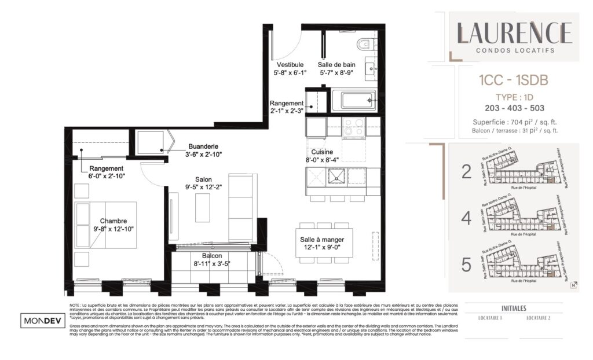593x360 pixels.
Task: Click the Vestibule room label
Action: point(290,65)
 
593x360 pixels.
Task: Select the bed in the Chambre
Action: point(106,225)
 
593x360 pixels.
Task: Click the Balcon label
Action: point(212,256)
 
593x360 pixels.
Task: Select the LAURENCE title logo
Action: point(514,33)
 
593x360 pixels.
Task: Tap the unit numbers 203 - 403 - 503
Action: point(514,108)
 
